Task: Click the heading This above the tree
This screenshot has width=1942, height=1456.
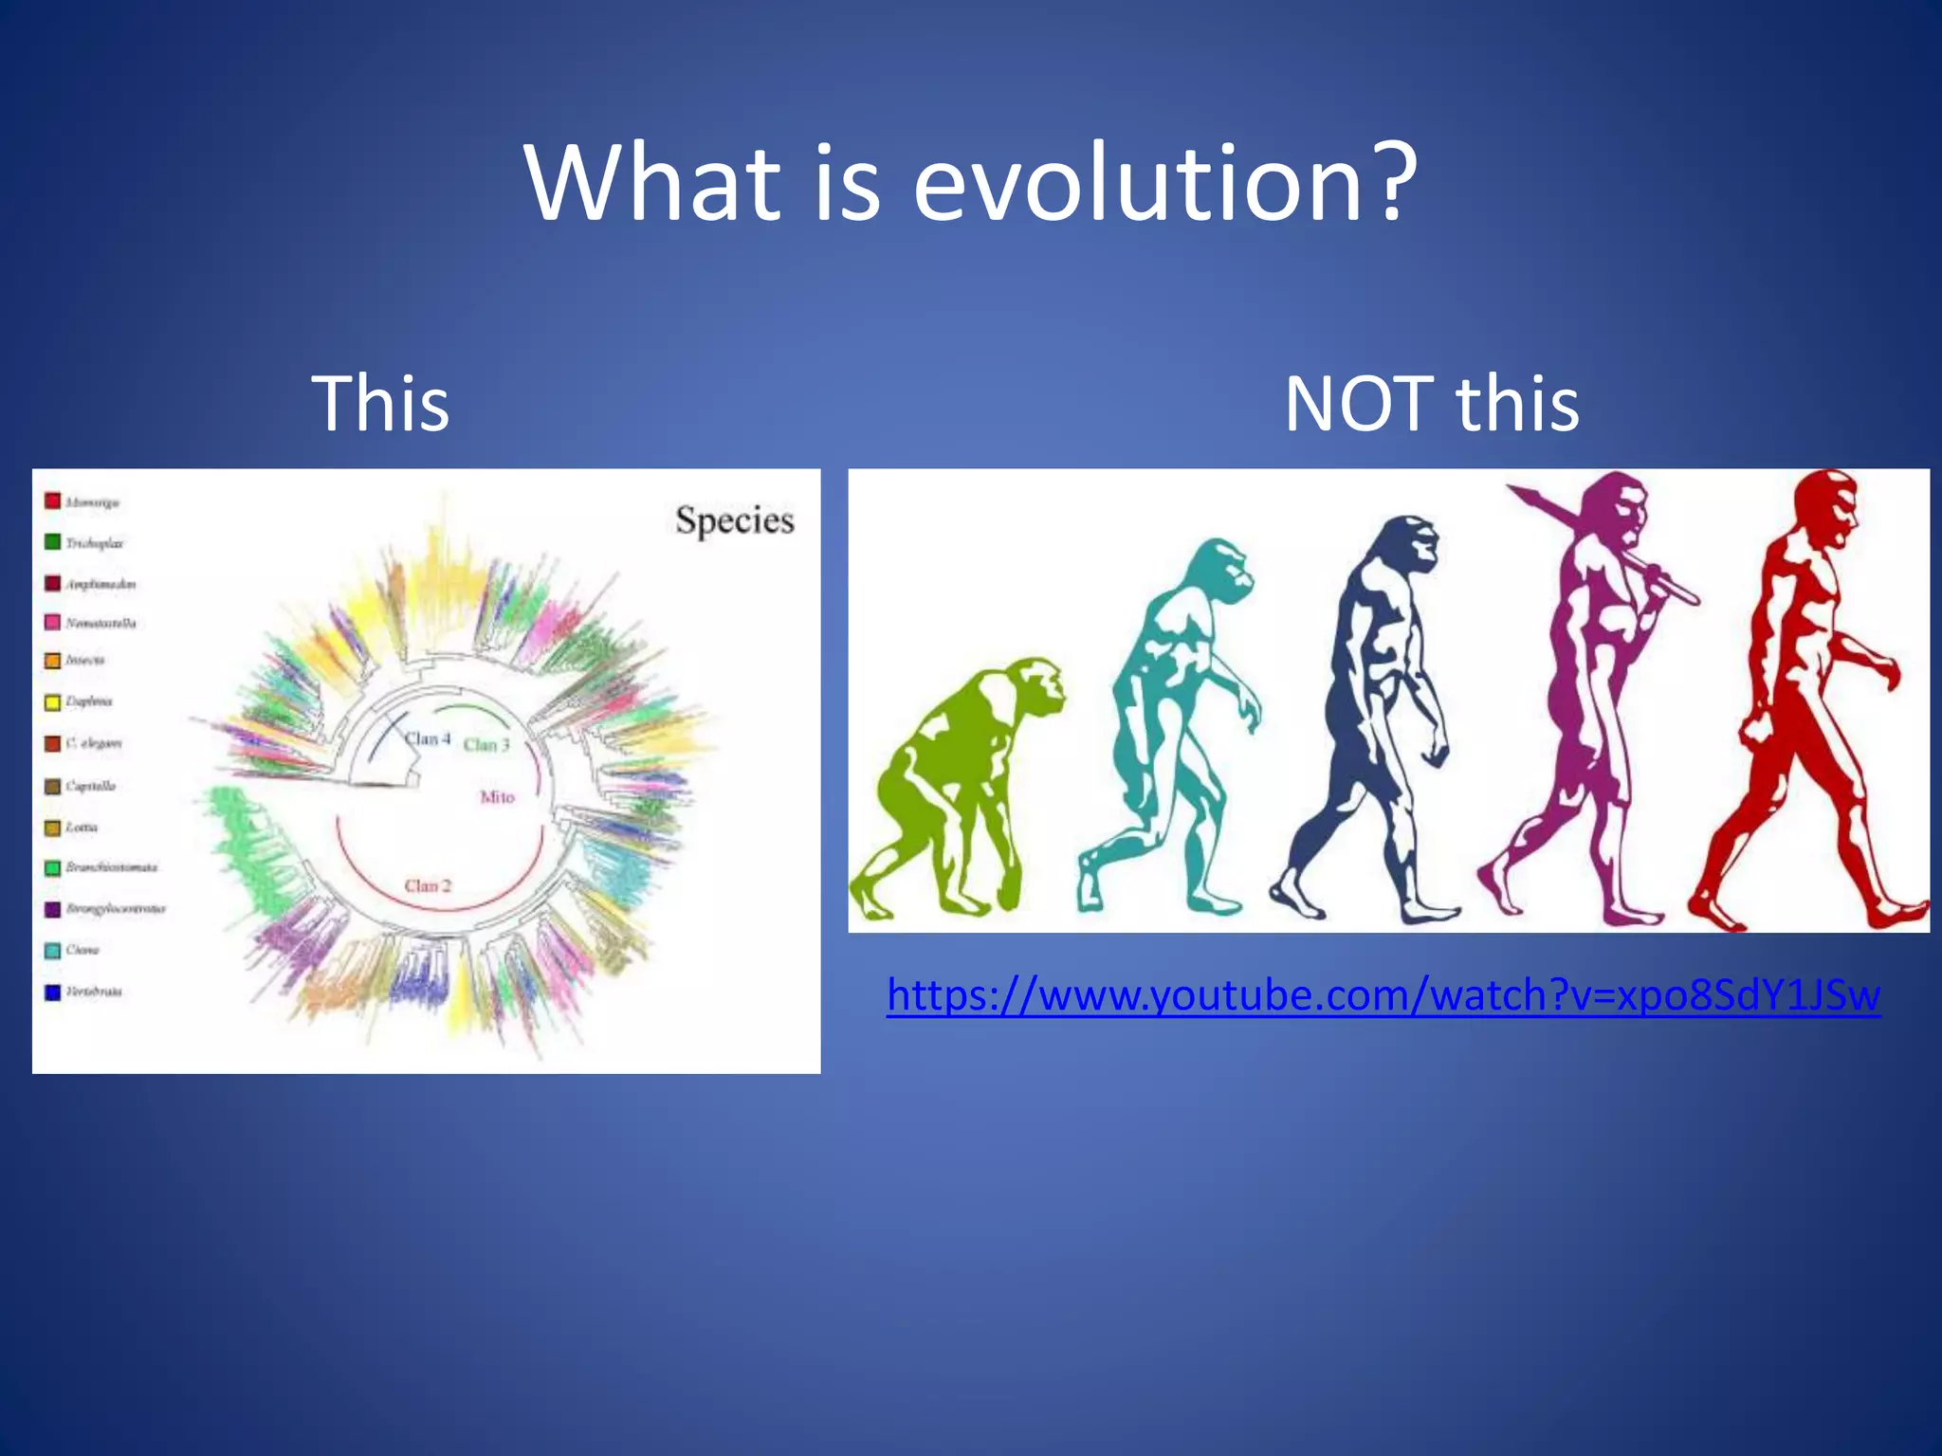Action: tap(380, 404)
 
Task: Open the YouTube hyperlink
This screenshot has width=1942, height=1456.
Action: tap(1383, 995)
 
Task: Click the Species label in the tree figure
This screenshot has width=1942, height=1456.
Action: tap(734, 520)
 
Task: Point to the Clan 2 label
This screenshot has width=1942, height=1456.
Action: tap(428, 885)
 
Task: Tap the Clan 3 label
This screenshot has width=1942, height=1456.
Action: tap(486, 745)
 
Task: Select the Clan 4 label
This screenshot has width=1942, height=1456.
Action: tap(428, 738)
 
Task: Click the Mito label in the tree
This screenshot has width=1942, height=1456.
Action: tap(497, 797)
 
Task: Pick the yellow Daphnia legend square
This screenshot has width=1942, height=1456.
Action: tap(53, 702)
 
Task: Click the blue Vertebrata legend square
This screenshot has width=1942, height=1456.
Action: tap(53, 992)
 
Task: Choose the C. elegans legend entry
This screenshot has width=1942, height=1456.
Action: tap(93, 743)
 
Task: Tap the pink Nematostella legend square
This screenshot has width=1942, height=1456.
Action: tap(53, 623)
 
